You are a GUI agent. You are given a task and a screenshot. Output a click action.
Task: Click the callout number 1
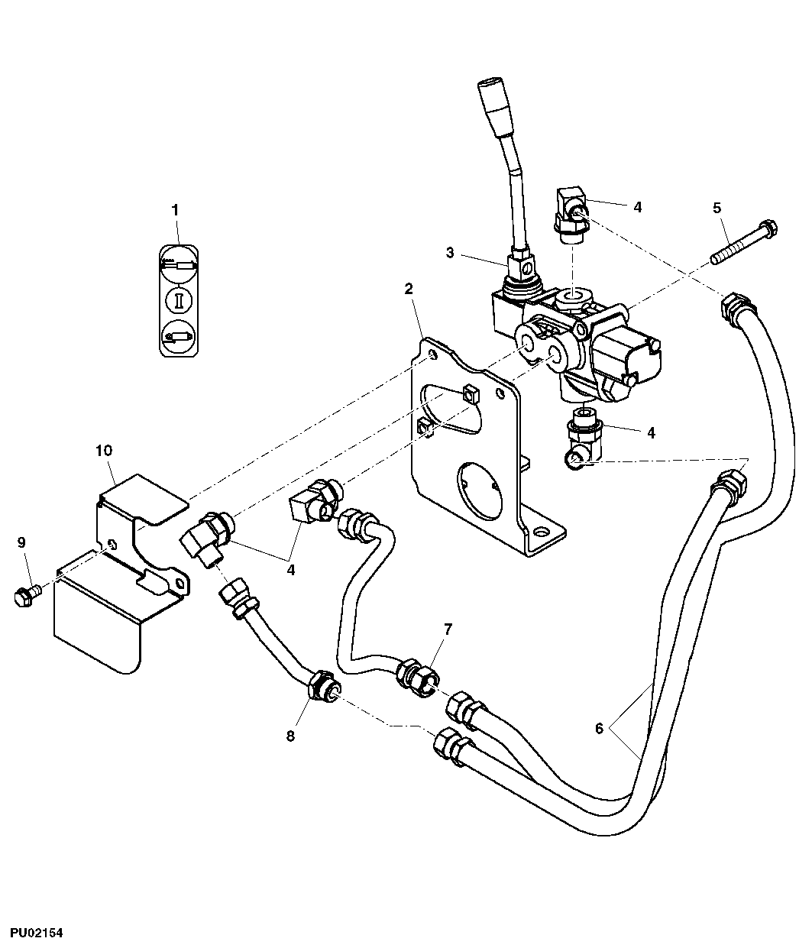pyautogui.click(x=175, y=209)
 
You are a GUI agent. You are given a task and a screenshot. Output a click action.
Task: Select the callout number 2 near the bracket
pyautogui.click(x=409, y=288)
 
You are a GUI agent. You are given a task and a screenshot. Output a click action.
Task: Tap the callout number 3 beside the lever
pyautogui.click(x=450, y=252)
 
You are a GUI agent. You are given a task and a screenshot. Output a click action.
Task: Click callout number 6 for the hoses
pyautogui.click(x=599, y=729)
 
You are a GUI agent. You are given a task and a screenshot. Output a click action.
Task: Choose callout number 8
pyautogui.click(x=290, y=736)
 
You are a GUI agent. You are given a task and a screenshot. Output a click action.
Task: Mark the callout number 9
pyautogui.click(x=22, y=542)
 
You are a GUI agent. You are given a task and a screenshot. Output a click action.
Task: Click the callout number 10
pyautogui.click(x=103, y=450)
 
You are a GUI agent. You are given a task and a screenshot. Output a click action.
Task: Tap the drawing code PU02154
pyautogui.click(x=36, y=933)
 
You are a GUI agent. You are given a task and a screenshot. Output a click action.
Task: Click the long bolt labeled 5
pyautogui.click(x=745, y=241)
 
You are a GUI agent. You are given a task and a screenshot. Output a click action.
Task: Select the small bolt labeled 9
pyautogui.click(x=25, y=594)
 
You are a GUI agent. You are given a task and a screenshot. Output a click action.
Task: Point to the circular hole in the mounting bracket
pyautogui.click(x=480, y=487)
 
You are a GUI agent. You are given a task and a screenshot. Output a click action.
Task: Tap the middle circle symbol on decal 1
pyautogui.click(x=179, y=299)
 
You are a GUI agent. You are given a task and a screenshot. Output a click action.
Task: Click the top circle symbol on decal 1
pyautogui.click(x=179, y=262)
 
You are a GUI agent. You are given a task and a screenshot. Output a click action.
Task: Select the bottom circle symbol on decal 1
pyautogui.click(x=179, y=335)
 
